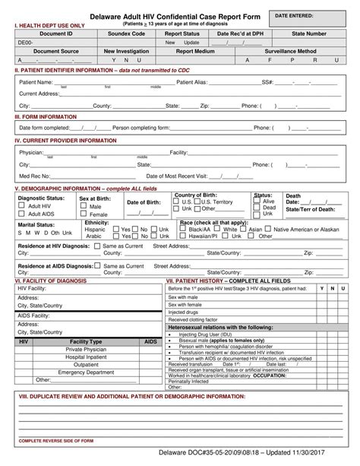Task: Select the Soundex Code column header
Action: tap(126, 34)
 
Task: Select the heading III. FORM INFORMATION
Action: tap(46, 117)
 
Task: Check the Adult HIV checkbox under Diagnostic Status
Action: tap(21, 206)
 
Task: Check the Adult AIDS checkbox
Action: tap(21, 214)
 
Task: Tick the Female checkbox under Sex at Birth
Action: tap(83, 214)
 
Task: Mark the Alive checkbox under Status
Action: tap(257, 201)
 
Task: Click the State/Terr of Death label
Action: tap(310, 209)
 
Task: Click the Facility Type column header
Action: tap(86, 343)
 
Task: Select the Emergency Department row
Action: tap(86, 372)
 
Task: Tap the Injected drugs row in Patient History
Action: tap(183, 312)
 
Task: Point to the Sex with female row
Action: tap(185, 303)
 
